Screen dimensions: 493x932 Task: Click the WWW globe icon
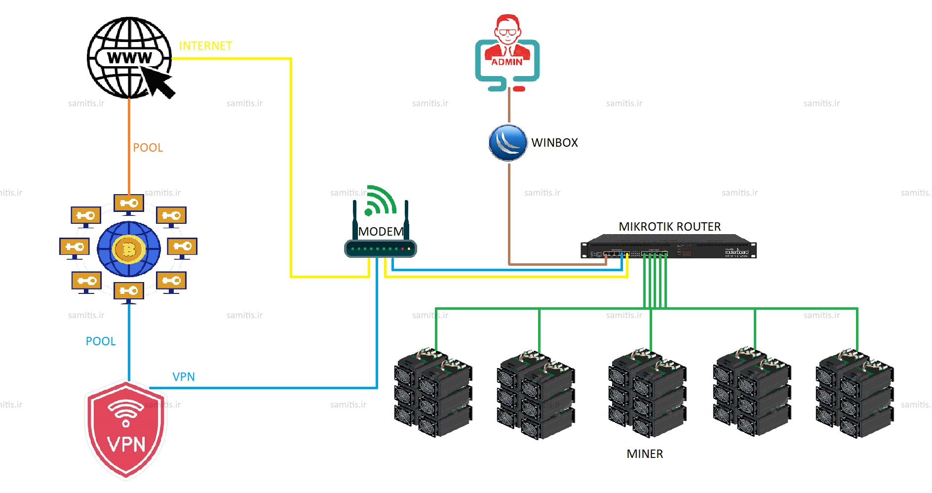tap(129, 58)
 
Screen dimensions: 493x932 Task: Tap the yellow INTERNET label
tap(205, 46)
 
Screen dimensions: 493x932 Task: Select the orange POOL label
tap(148, 148)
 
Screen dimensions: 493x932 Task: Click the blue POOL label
tap(101, 341)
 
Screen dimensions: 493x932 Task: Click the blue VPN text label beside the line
tap(184, 377)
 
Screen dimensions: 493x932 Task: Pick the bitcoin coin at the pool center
tap(129, 249)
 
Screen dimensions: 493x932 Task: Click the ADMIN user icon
tap(507, 52)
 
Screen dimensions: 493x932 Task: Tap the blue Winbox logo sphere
tap(508, 143)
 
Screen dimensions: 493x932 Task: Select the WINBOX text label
tap(554, 143)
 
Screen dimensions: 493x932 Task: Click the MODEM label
tap(381, 232)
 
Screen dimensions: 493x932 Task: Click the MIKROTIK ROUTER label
tap(669, 227)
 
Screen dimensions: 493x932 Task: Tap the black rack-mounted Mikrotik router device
tap(668, 246)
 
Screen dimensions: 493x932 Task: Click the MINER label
tap(645, 454)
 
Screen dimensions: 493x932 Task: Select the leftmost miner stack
tap(433, 393)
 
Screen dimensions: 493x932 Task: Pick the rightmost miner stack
tap(854, 393)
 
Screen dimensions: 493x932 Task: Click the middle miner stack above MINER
tap(647, 393)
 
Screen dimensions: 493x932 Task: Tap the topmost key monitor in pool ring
tap(129, 204)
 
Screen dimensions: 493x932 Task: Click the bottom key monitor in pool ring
tap(129, 291)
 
